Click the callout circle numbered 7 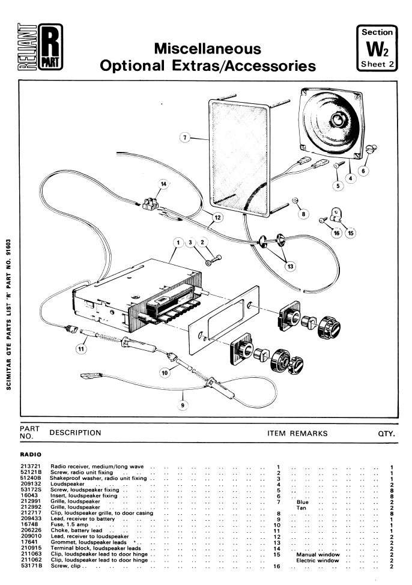(x=185, y=138)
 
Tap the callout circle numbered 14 (x=163, y=184)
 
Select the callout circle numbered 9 (x=183, y=405)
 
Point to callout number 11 (x=81, y=349)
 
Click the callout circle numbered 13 (x=290, y=267)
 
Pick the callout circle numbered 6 (x=363, y=171)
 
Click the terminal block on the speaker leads (x=151, y=204)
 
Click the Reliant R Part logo (x=40, y=47)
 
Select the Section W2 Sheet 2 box (x=377, y=48)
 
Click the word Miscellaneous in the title (x=207, y=49)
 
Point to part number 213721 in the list (x=31, y=466)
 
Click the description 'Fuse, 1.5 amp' (x=70, y=524)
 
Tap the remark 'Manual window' (x=318, y=554)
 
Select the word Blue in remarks (x=303, y=502)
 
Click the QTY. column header (x=386, y=434)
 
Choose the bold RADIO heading (x=31, y=455)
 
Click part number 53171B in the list (x=31, y=566)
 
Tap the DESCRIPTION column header (x=76, y=433)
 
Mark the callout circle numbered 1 (x=178, y=243)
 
